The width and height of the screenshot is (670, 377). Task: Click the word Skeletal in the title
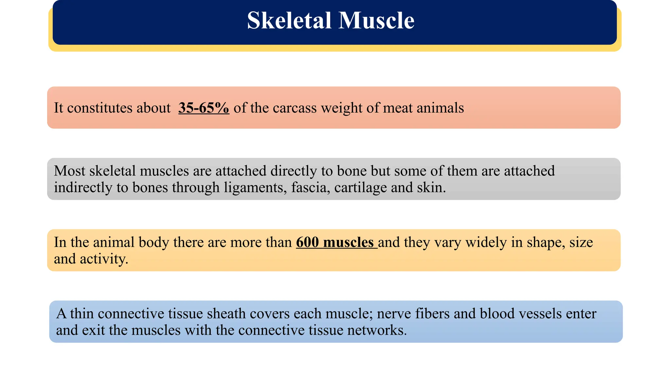(289, 21)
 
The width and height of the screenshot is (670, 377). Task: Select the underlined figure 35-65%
(203, 108)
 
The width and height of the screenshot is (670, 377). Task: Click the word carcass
(294, 108)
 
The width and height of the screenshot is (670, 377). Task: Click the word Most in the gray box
(69, 171)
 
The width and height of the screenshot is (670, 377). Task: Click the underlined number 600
(308, 242)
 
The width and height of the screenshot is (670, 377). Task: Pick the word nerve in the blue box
(394, 314)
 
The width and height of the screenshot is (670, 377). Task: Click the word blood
(497, 314)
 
